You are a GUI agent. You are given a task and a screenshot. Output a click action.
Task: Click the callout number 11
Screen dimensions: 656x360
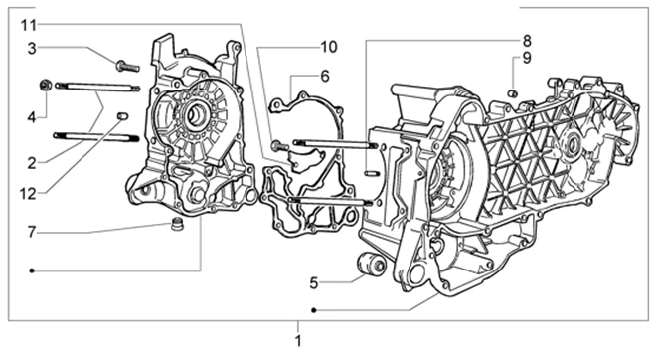30,26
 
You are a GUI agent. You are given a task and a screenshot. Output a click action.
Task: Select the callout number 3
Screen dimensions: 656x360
32,49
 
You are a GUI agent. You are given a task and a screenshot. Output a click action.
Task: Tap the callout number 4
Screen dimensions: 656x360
32,117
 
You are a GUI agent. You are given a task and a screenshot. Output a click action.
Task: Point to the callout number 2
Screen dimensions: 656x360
32,163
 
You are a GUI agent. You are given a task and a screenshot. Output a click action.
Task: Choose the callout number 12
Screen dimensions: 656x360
28,194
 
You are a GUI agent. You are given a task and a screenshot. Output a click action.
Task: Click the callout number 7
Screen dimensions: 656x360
32,232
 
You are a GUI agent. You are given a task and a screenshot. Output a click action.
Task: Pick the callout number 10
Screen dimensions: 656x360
329,47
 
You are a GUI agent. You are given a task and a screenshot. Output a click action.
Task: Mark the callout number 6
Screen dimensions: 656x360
325,77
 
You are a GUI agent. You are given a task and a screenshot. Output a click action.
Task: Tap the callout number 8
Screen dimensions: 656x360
527,41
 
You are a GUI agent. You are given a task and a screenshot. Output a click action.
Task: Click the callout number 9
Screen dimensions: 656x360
527,58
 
